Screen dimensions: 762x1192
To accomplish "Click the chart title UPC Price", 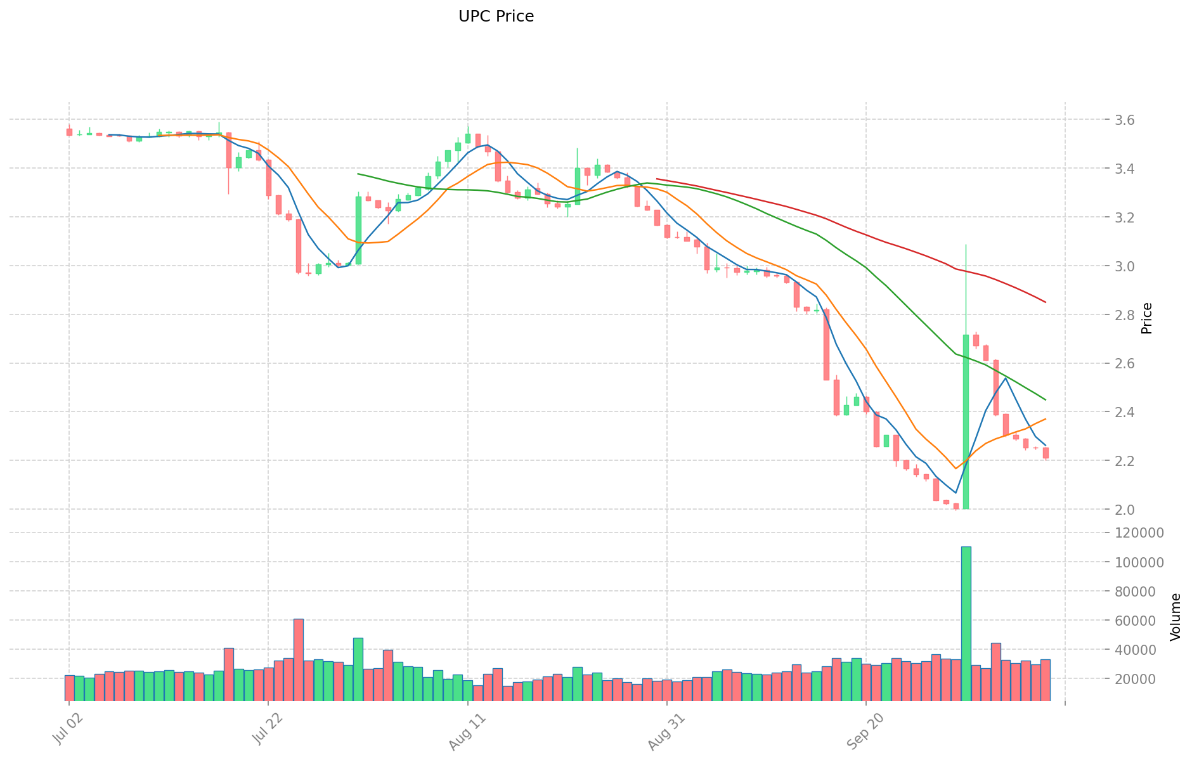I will point(496,16).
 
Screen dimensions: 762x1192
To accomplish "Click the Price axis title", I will point(1146,318).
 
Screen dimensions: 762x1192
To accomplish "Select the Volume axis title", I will point(1176,617).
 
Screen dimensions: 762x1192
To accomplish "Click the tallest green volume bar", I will point(966,624).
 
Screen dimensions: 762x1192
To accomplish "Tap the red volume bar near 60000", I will point(298,660).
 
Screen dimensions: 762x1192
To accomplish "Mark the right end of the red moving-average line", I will point(1045,302).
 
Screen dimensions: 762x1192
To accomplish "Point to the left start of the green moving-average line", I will point(358,174).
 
